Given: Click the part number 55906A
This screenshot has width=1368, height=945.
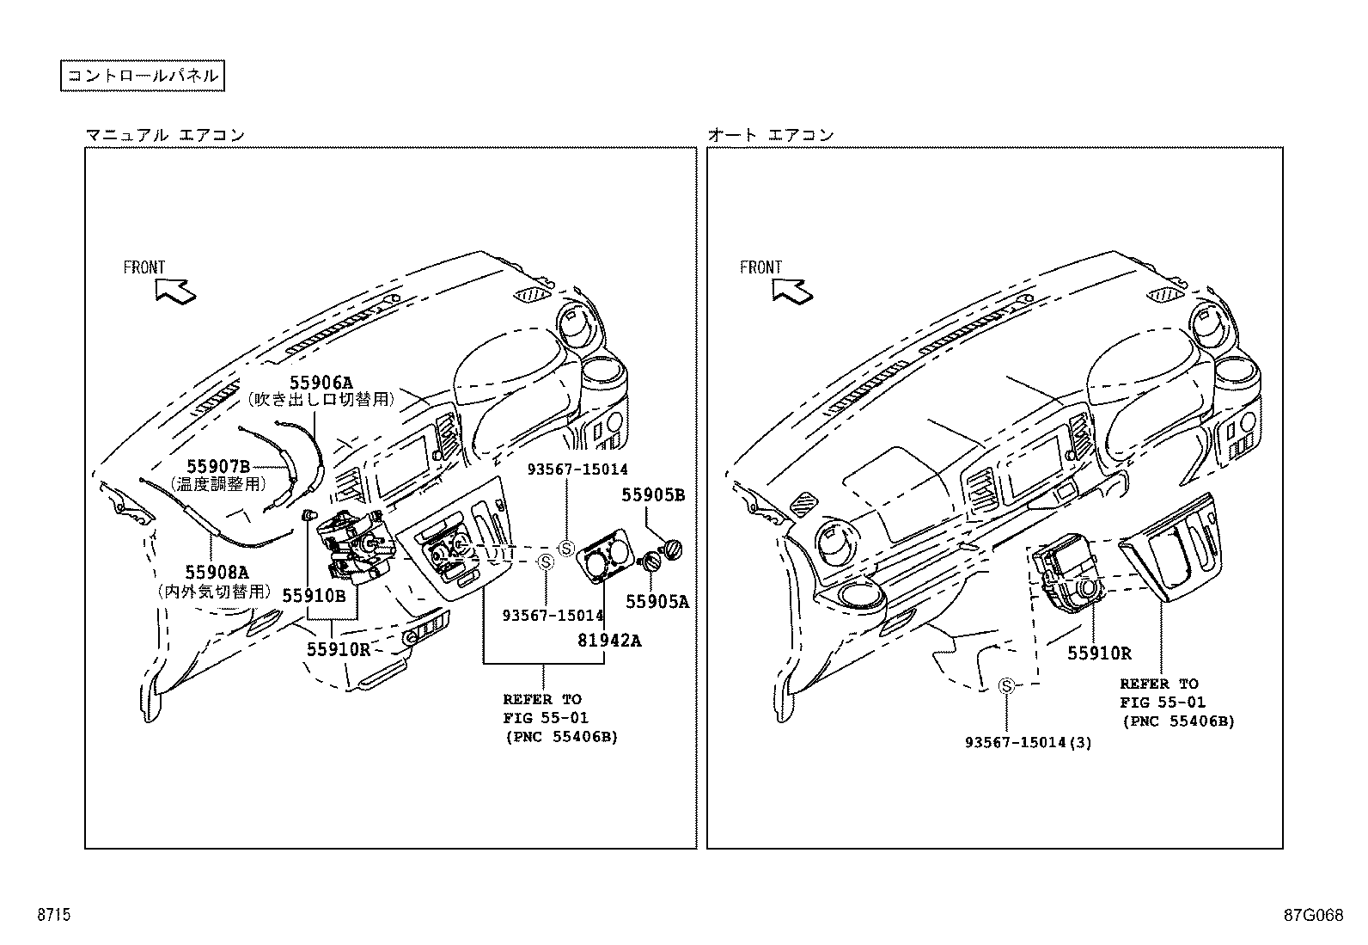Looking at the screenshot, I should tap(321, 383).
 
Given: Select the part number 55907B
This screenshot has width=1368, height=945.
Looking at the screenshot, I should tap(218, 467).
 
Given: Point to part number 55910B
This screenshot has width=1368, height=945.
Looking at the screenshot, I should tap(314, 595).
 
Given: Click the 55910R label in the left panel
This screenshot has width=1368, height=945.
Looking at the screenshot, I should tap(339, 650).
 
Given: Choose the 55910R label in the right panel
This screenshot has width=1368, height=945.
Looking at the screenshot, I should tap(1099, 654).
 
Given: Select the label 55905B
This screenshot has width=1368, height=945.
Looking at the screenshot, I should tap(653, 495).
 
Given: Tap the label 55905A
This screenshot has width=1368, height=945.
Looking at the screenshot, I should tap(657, 603).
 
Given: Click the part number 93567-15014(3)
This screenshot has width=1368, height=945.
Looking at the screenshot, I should tap(1028, 742).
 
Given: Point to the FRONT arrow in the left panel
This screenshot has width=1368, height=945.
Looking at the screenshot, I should tap(175, 291).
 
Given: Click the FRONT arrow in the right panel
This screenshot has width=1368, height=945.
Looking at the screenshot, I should tap(791, 291).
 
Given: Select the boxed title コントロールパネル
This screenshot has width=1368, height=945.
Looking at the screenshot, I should tap(143, 76).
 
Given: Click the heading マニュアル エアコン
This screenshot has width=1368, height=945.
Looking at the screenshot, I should tap(165, 135).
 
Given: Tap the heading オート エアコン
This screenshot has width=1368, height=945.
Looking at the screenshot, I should tap(771, 135).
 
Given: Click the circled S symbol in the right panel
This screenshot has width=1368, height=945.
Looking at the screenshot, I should tap(1006, 685).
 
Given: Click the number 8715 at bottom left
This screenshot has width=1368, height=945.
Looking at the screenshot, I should tap(53, 916).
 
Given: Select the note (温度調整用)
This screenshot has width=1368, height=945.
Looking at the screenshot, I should tap(218, 484).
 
